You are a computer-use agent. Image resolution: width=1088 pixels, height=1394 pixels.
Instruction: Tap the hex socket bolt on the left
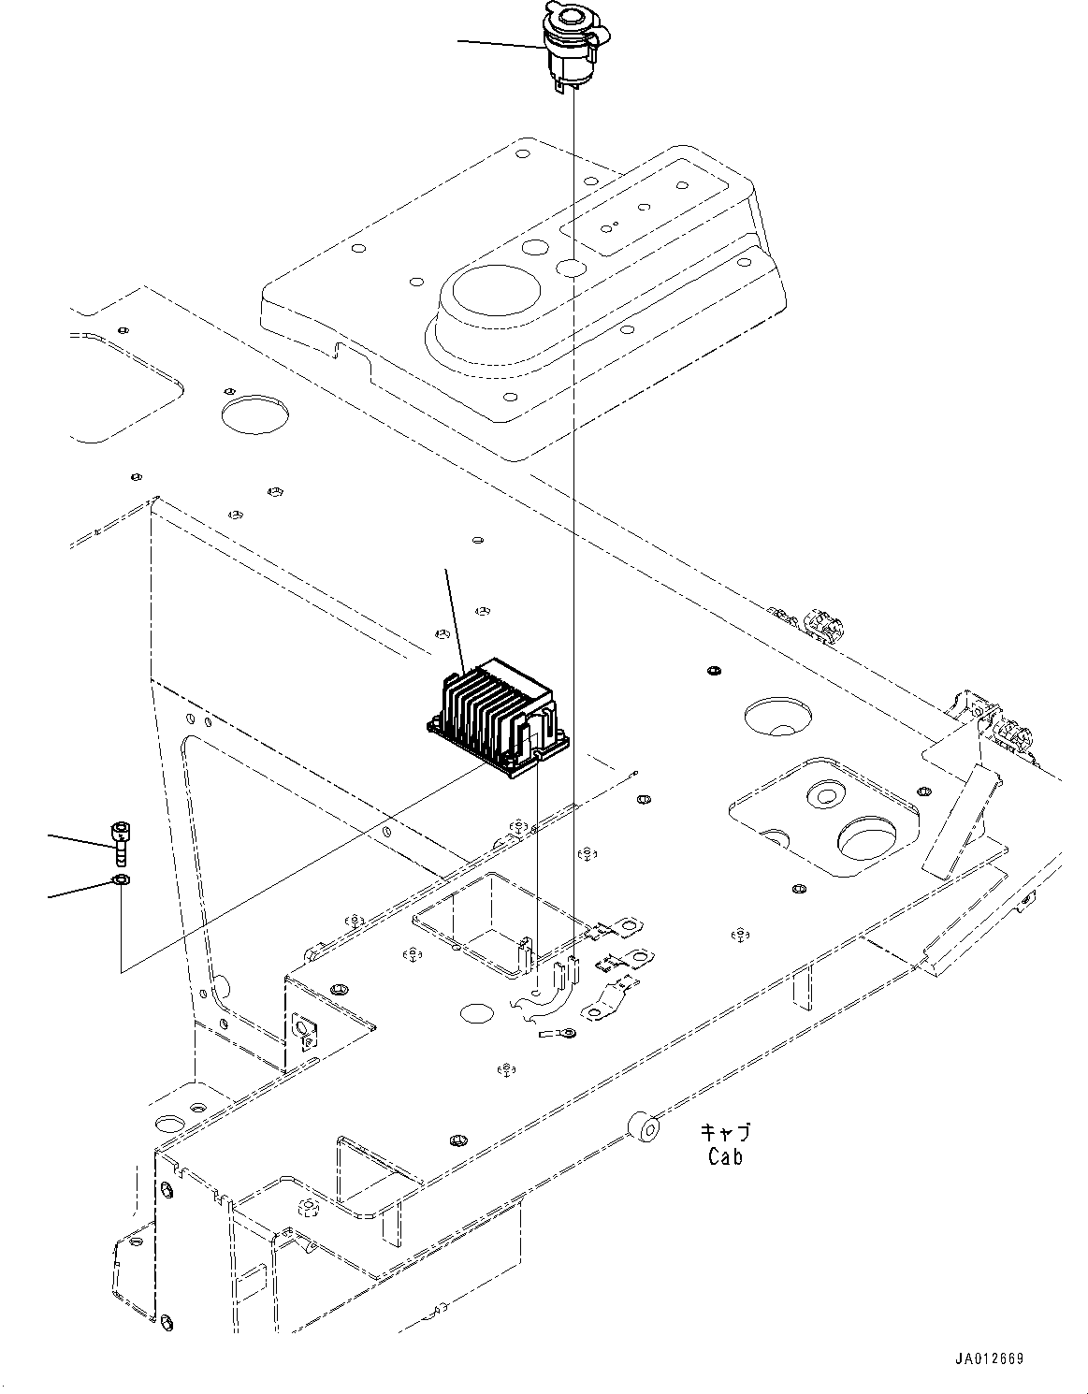pyautogui.click(x=119, y=842)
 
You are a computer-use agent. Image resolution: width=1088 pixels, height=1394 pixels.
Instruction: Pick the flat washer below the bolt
pyautogui.click(x=120, y=879)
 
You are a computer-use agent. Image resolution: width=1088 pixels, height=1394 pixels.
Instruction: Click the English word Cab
pyautogui.click(x=725, y=1157)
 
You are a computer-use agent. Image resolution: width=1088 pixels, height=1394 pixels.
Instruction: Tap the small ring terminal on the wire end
pyautogui.click(x=559, y=1033)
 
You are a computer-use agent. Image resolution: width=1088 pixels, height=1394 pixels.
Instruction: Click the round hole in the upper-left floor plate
pyautogui.click(x=254, y=412)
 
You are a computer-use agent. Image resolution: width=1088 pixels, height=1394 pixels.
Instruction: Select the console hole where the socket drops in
pyautogui.click(x=570, y=269)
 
